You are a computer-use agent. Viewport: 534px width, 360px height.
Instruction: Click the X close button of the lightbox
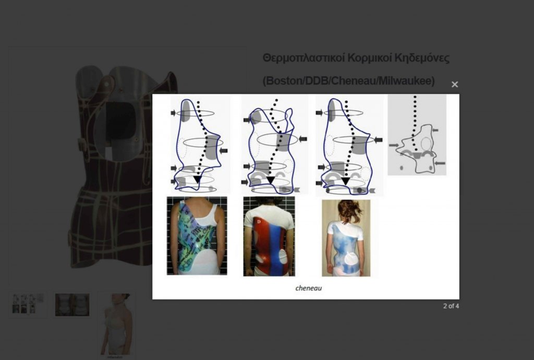[x=455, y=85]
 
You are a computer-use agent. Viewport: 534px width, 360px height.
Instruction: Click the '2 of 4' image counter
[x=451, y=306]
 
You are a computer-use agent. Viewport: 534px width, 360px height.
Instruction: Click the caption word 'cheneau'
[x=309, y=288]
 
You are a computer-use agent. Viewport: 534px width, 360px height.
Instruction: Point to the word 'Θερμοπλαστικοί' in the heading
[x=304, y=58]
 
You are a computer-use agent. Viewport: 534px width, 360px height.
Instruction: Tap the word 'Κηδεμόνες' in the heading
[x=422, y=58]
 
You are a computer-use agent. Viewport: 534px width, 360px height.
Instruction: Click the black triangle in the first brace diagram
[x=197, y=179]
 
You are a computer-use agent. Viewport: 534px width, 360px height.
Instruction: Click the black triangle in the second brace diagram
[x=271, y=180]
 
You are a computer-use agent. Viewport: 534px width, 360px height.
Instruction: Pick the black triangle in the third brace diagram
[x=346, y=181]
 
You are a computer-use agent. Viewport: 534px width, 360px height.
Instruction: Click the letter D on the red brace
[x=259, y=222]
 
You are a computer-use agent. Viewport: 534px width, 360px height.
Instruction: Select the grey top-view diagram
[x=417, y=135]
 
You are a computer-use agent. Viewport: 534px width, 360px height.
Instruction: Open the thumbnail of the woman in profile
[x=116, y=325]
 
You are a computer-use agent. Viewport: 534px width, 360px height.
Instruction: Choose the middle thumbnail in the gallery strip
[x=72, y=305]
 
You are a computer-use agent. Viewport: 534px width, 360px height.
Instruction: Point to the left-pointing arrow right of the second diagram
[x=303, y=139]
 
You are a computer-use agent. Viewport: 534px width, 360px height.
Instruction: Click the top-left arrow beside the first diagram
[x=173, y=113]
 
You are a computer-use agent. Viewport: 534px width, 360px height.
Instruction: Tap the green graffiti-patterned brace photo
[x=197, y=236]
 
